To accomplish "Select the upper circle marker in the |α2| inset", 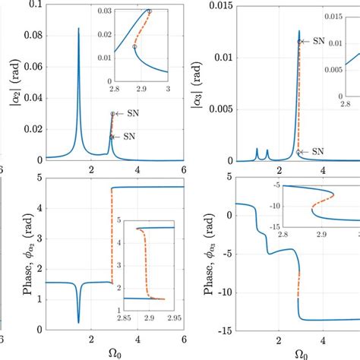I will click(x=149, y=11).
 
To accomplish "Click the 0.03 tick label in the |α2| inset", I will click(x=104, y=11).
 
